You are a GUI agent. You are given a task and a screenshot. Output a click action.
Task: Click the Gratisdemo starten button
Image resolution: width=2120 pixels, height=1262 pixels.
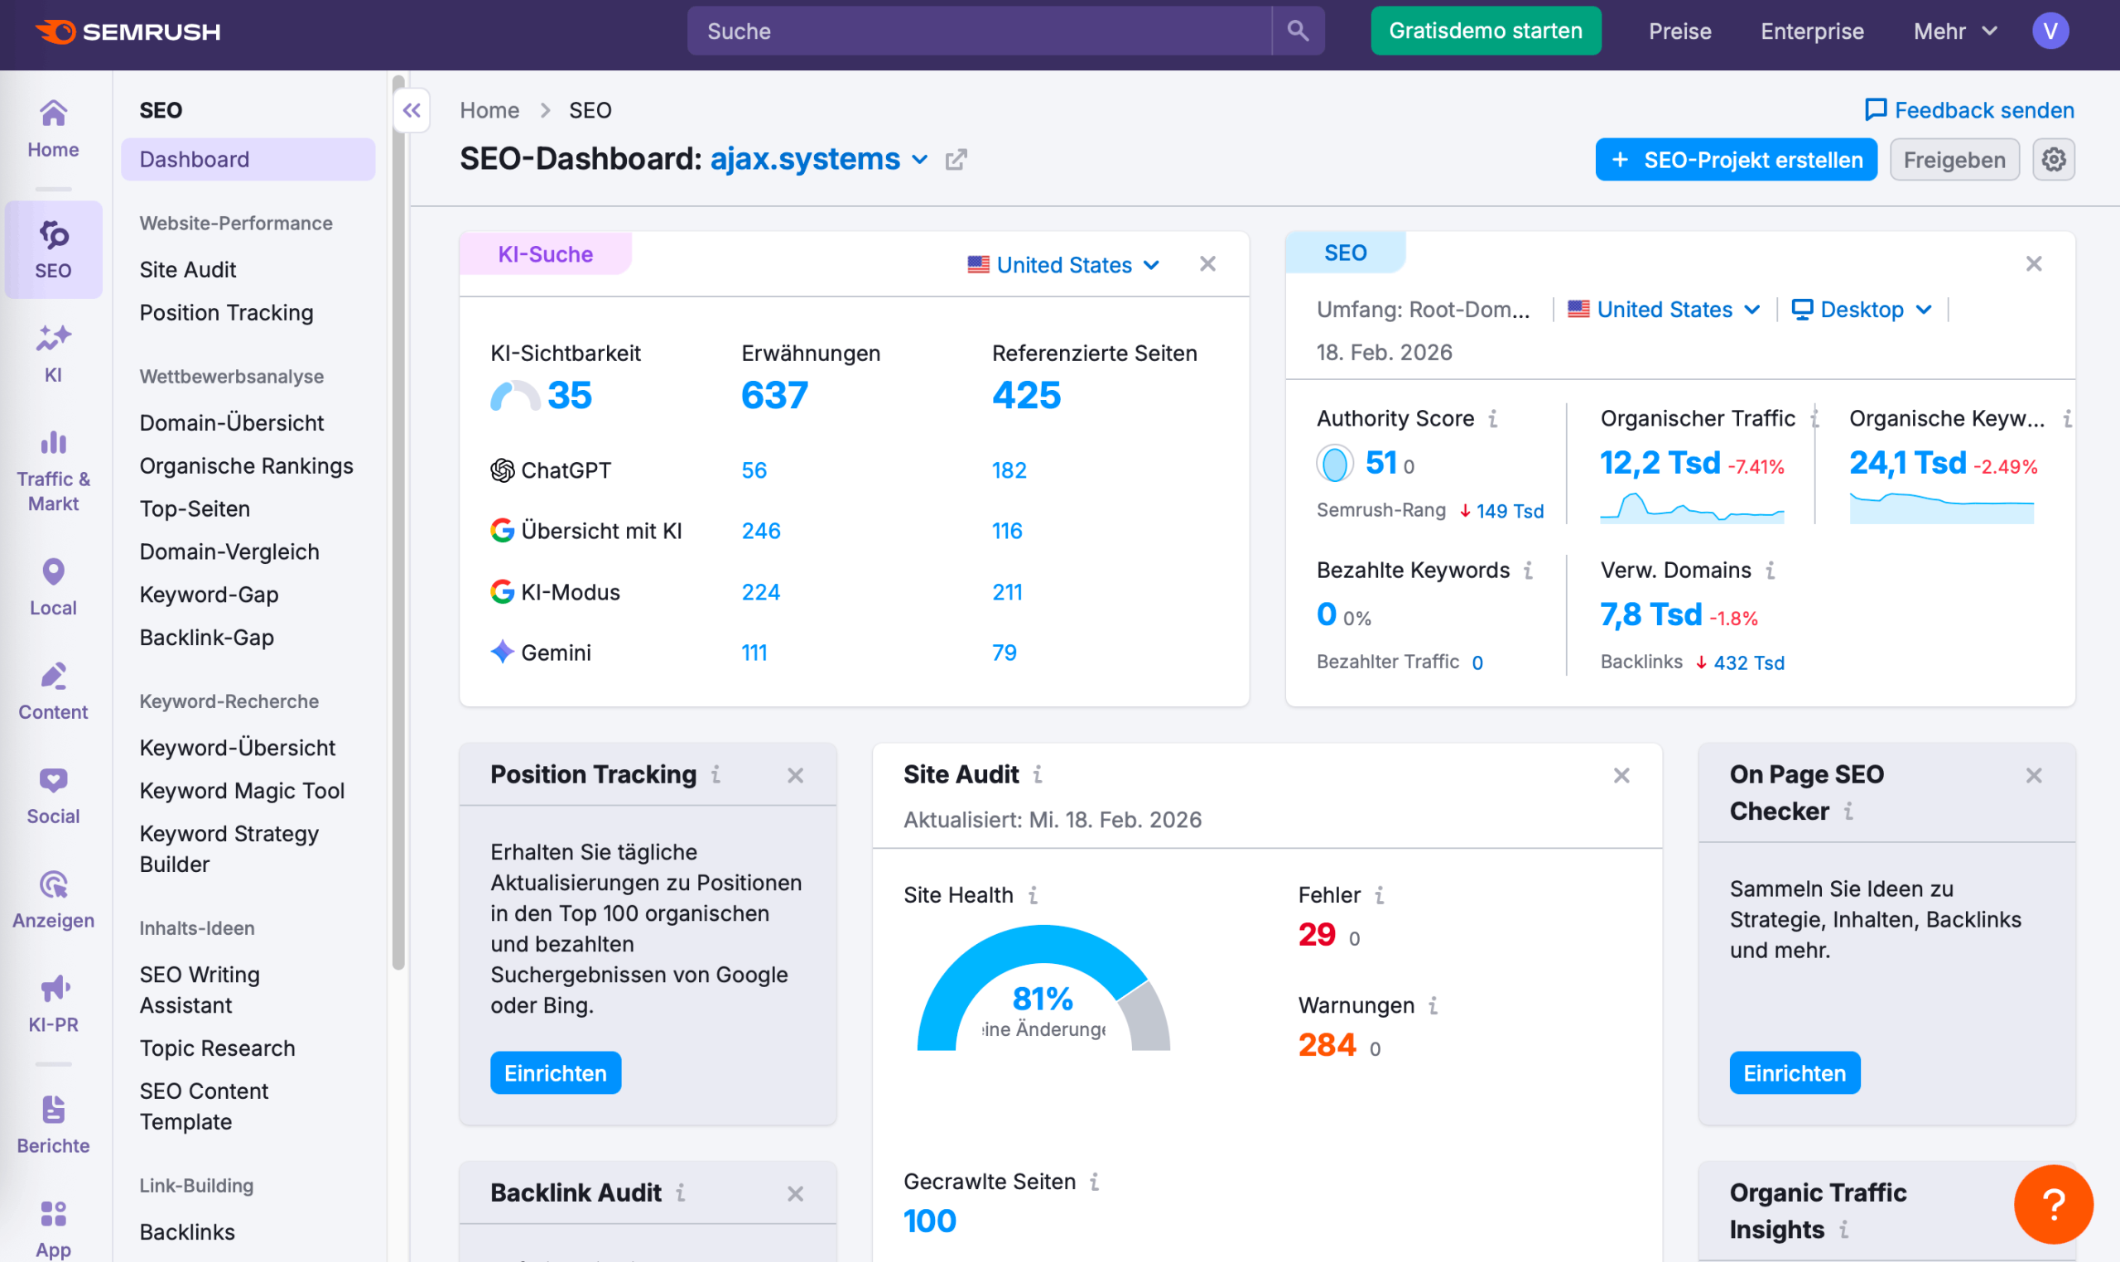[x=1485, y=31]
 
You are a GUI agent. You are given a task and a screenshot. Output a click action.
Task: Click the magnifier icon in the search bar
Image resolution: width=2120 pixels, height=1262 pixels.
[x=1297, y=31]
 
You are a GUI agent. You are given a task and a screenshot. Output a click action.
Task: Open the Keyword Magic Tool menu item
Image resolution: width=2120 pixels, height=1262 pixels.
[x=242, y=790]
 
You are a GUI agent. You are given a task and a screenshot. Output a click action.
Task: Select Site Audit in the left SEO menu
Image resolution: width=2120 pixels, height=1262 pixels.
[x=187, y=270]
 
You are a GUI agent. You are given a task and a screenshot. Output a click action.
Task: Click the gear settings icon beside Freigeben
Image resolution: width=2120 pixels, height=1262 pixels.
[x=2053, y=160]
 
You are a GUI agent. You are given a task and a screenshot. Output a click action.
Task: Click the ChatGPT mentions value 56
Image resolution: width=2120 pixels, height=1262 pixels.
[x=754, y=470]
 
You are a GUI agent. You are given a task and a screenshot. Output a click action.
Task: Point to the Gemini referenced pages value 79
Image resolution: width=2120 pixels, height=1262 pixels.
[x=1004, y=653]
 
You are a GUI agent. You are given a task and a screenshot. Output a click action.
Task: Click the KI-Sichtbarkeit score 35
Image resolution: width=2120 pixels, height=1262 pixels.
[x=569, y=396]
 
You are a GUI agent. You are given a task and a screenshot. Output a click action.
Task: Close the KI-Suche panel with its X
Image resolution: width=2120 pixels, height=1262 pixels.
[x=1207, y=264]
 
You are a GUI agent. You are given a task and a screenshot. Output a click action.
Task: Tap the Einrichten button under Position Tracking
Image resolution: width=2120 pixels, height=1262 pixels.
[x=556, y=1073]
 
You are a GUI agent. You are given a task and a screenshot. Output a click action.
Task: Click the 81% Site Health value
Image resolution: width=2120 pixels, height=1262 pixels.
[x=1042, y=999]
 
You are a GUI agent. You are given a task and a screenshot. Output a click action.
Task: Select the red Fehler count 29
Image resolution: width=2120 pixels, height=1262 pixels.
[x=1316, y=935]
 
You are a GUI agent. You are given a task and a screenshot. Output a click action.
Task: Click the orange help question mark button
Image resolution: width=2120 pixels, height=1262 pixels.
[x=2052, y=1204]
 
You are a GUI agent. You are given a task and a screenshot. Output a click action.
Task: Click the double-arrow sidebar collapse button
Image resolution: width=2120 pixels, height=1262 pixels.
[x=412, y=111]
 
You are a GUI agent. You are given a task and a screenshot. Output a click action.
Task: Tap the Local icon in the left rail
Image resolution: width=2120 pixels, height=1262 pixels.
[x=53, y=585]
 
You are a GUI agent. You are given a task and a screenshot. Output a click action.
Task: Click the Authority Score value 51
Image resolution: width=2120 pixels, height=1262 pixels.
[x=1380, y=464]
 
